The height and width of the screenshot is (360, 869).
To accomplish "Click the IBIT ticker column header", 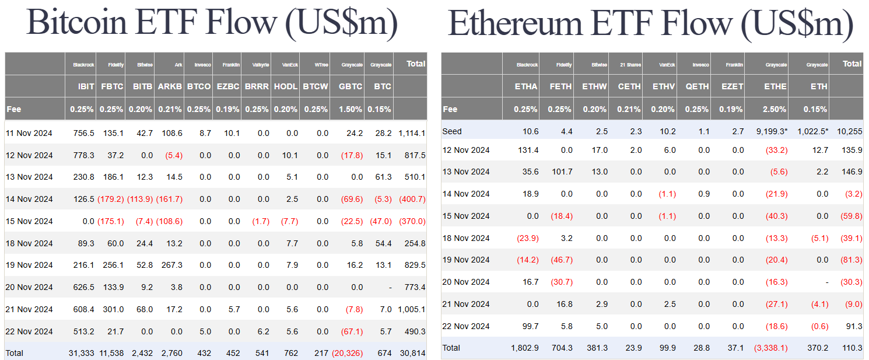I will pos(86,86).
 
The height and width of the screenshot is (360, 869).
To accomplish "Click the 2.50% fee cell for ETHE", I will pos(775,109).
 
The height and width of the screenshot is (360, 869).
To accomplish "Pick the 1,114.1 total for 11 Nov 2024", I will pos(411,133).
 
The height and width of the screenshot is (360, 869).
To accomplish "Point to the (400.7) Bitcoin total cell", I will pos(412,199).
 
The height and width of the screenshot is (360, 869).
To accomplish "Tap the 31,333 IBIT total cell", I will pos(82,353).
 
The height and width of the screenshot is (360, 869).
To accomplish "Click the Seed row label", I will pos(452,131).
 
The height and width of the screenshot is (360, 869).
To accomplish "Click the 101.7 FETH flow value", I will pos(560,172).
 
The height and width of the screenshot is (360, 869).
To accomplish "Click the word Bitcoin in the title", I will pos(77,23).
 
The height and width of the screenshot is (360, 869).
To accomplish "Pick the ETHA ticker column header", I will pos(526,86).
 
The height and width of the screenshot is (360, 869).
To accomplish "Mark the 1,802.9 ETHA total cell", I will pos(523,348).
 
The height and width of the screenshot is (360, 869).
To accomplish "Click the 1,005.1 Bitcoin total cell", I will pos(411,309).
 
